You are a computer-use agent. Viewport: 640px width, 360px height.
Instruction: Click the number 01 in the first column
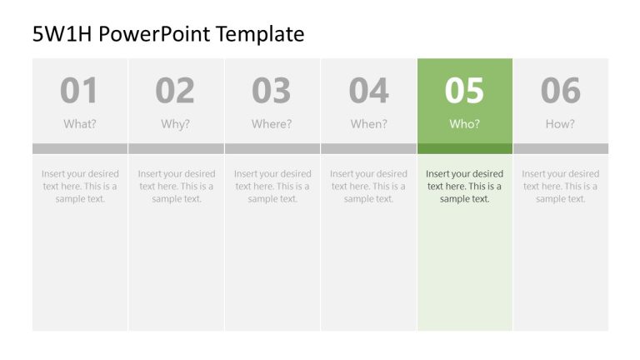point(79,91)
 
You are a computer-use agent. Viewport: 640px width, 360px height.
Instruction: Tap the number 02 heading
point(175,91)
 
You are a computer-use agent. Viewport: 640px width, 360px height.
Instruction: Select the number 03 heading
point(272,91)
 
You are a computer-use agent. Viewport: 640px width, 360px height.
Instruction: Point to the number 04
point(368,91)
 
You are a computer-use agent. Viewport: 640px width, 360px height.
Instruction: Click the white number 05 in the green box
point(464,91)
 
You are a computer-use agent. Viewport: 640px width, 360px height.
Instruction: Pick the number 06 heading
point(560,91)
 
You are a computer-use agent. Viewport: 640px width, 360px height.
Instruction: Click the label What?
point(80,124)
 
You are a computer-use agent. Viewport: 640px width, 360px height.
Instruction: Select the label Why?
point(176,124)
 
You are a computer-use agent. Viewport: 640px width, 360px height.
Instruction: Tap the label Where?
point(272,124)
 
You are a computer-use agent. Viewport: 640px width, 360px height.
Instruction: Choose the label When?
point(368,124)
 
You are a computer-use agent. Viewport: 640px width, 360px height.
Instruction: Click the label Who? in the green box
point(464,124)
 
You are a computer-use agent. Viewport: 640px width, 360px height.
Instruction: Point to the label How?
point(560,124)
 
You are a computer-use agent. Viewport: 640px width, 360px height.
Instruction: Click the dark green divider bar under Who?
point(464,148)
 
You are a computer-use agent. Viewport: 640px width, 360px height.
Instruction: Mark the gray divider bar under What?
point(80,148)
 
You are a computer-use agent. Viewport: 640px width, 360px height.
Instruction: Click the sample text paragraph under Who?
point(464,187)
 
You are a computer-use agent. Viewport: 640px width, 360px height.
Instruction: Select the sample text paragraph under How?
point(560,187)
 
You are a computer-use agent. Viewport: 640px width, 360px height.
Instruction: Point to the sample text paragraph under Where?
point(272,187)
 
